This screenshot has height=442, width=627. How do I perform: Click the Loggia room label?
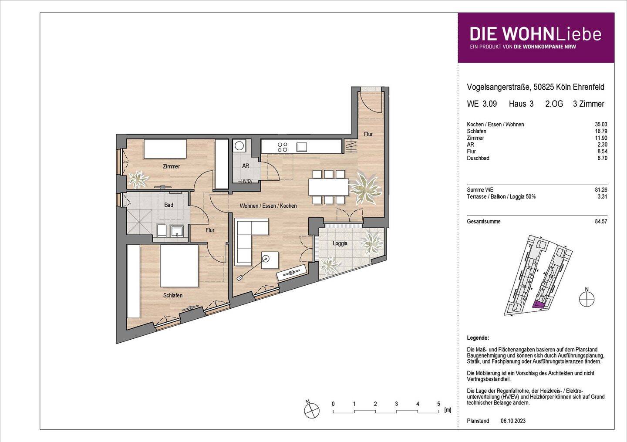(x=340, y=243)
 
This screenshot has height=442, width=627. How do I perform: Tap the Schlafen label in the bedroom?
(x=173, y=295)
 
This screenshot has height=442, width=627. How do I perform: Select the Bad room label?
(x=169, y=205)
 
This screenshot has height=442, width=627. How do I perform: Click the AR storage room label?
(x=246, y=166)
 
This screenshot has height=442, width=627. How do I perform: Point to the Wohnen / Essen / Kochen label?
(x=268, y=206)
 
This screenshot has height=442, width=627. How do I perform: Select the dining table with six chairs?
(x=328, y=187)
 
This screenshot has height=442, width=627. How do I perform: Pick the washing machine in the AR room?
(x=239, y=146)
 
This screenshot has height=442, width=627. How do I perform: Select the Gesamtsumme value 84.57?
(x=601, y=222)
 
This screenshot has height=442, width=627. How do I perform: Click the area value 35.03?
(x=601, y=125)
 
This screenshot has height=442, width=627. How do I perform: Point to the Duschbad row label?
(x=478, y=158)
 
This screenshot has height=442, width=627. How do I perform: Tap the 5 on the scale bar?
(x=438, y=404)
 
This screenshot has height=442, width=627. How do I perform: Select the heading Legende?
(x=478, y=338)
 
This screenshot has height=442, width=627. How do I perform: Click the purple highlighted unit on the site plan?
(x=539, y=305)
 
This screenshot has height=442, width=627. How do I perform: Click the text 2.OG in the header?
(x=554, y=104)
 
